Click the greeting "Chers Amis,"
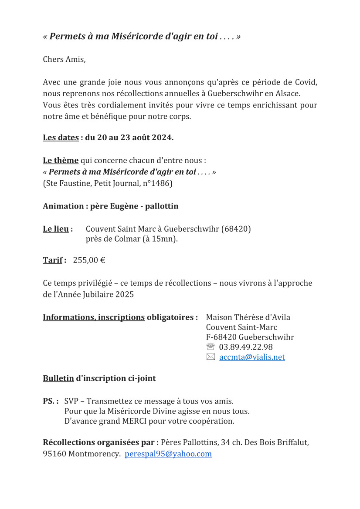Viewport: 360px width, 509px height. [64, 59]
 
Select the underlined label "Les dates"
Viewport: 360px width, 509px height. [61, 138]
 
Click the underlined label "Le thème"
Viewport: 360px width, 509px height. [61, 161]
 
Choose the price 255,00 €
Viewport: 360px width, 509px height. [89, 260]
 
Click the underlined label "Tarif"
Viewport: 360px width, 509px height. [53, 260]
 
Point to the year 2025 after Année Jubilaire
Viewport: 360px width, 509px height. [125, 294]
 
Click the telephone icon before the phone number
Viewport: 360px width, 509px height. [211, 347]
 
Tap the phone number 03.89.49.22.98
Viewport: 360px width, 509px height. [246, 347]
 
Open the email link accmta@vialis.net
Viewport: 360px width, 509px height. [252, 357]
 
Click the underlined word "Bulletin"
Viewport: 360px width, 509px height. [58, 378]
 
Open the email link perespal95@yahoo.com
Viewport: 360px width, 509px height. [168, 454]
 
